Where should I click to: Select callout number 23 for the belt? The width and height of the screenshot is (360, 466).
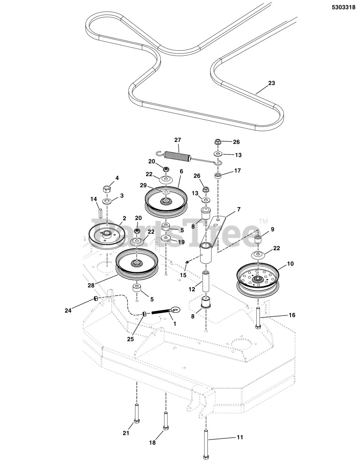click(x=271, y=83)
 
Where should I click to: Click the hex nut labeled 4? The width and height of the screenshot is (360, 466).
click(x=107, y=189)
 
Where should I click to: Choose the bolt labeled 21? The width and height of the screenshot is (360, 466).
click(x=137, y=414)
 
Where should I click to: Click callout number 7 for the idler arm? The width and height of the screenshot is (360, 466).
click(x=238, y=210)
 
